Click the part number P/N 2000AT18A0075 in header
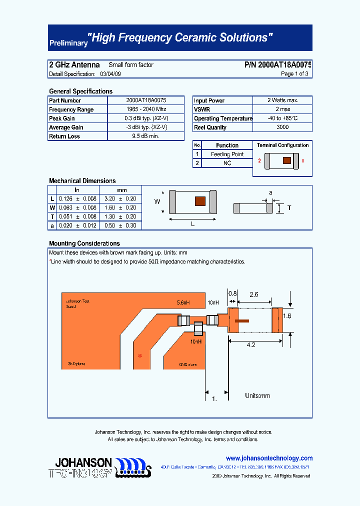click(278, 65)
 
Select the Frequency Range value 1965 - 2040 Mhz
click(146, 109)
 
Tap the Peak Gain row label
click(62, 118)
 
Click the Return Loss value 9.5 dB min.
click(146, 136)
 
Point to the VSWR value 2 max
click(282, 109)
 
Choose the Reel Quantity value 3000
click(282, 127)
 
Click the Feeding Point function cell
click(227, 154)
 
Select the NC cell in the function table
click(227, 163)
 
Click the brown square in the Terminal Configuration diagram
click(286, 160)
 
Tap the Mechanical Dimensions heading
click(82, 181)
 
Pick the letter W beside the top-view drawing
click(157, 202)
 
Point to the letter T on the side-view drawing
click(289, 207)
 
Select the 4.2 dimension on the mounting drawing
click(251, 345)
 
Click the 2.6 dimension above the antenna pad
click(253, 294)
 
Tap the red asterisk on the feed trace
click(139, 355)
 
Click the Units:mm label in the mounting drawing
click(257, 395)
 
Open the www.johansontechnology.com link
click(269, 458)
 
